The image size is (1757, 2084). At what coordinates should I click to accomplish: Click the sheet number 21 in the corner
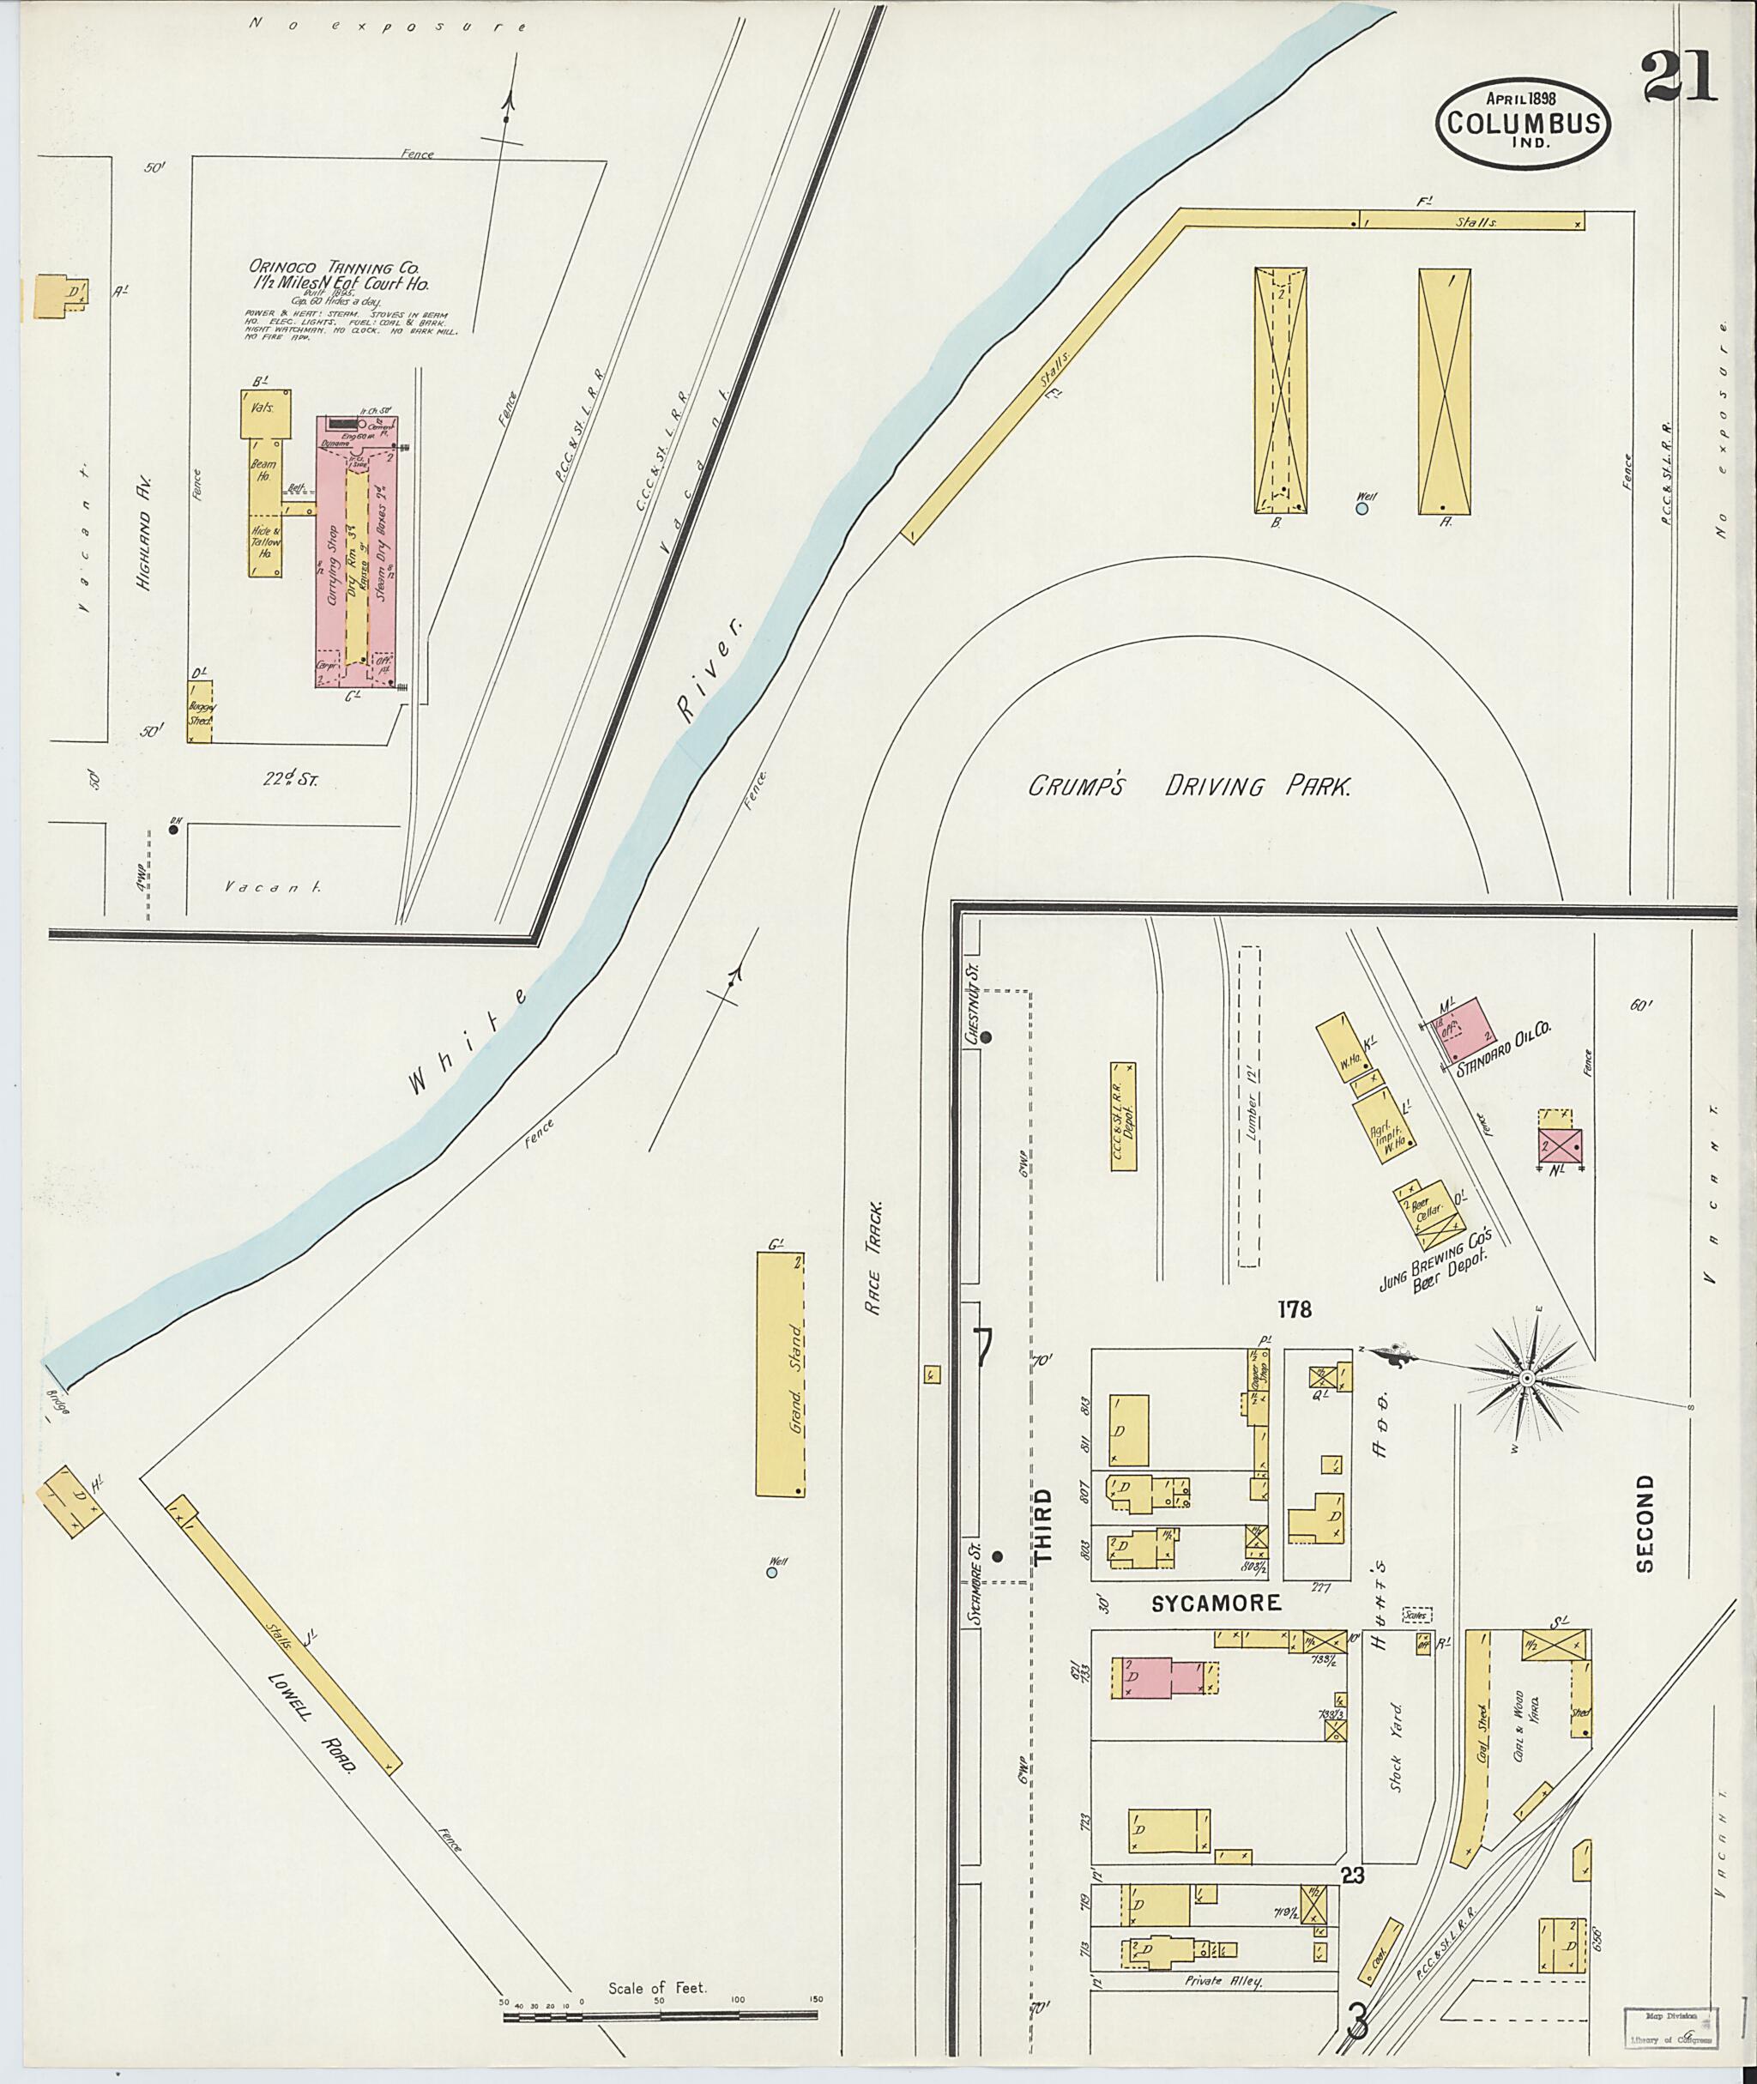(1678, 78)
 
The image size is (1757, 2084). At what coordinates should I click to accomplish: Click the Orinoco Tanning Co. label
(334, 268)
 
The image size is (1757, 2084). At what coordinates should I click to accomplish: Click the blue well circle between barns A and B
(1362, 508)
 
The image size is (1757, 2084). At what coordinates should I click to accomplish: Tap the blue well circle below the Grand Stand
(771, 1573)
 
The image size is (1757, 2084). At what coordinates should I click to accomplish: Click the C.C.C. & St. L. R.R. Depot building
(1122, 1115)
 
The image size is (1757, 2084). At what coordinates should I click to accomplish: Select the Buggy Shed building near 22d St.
(200, 711)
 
